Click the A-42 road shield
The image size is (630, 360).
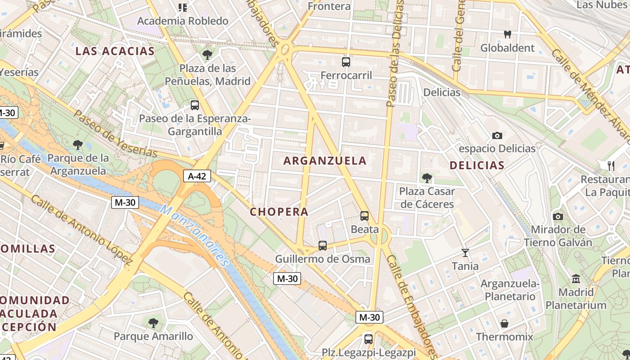[197, 176]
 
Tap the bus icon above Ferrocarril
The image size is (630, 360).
[346, 62]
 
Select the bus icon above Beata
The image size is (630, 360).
[364, 216]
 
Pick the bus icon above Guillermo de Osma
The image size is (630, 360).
[323, 246]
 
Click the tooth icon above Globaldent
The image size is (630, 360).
[508, 34]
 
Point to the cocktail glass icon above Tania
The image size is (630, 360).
[465, 253]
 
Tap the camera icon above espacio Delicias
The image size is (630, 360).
[497, 135]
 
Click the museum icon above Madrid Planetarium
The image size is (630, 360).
[576, 279]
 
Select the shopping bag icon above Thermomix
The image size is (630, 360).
[504, 324]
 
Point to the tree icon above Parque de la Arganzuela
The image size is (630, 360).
[78, 145]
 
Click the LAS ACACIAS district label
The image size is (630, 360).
[115, 51]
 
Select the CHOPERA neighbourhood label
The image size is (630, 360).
[279, 212]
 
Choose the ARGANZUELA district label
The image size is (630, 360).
[325, 161]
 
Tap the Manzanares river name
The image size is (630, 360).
[195, 235]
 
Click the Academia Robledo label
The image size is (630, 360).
[183, 21]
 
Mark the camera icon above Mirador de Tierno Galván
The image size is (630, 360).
[558, 217]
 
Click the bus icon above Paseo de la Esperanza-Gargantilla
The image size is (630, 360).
[195, 106]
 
